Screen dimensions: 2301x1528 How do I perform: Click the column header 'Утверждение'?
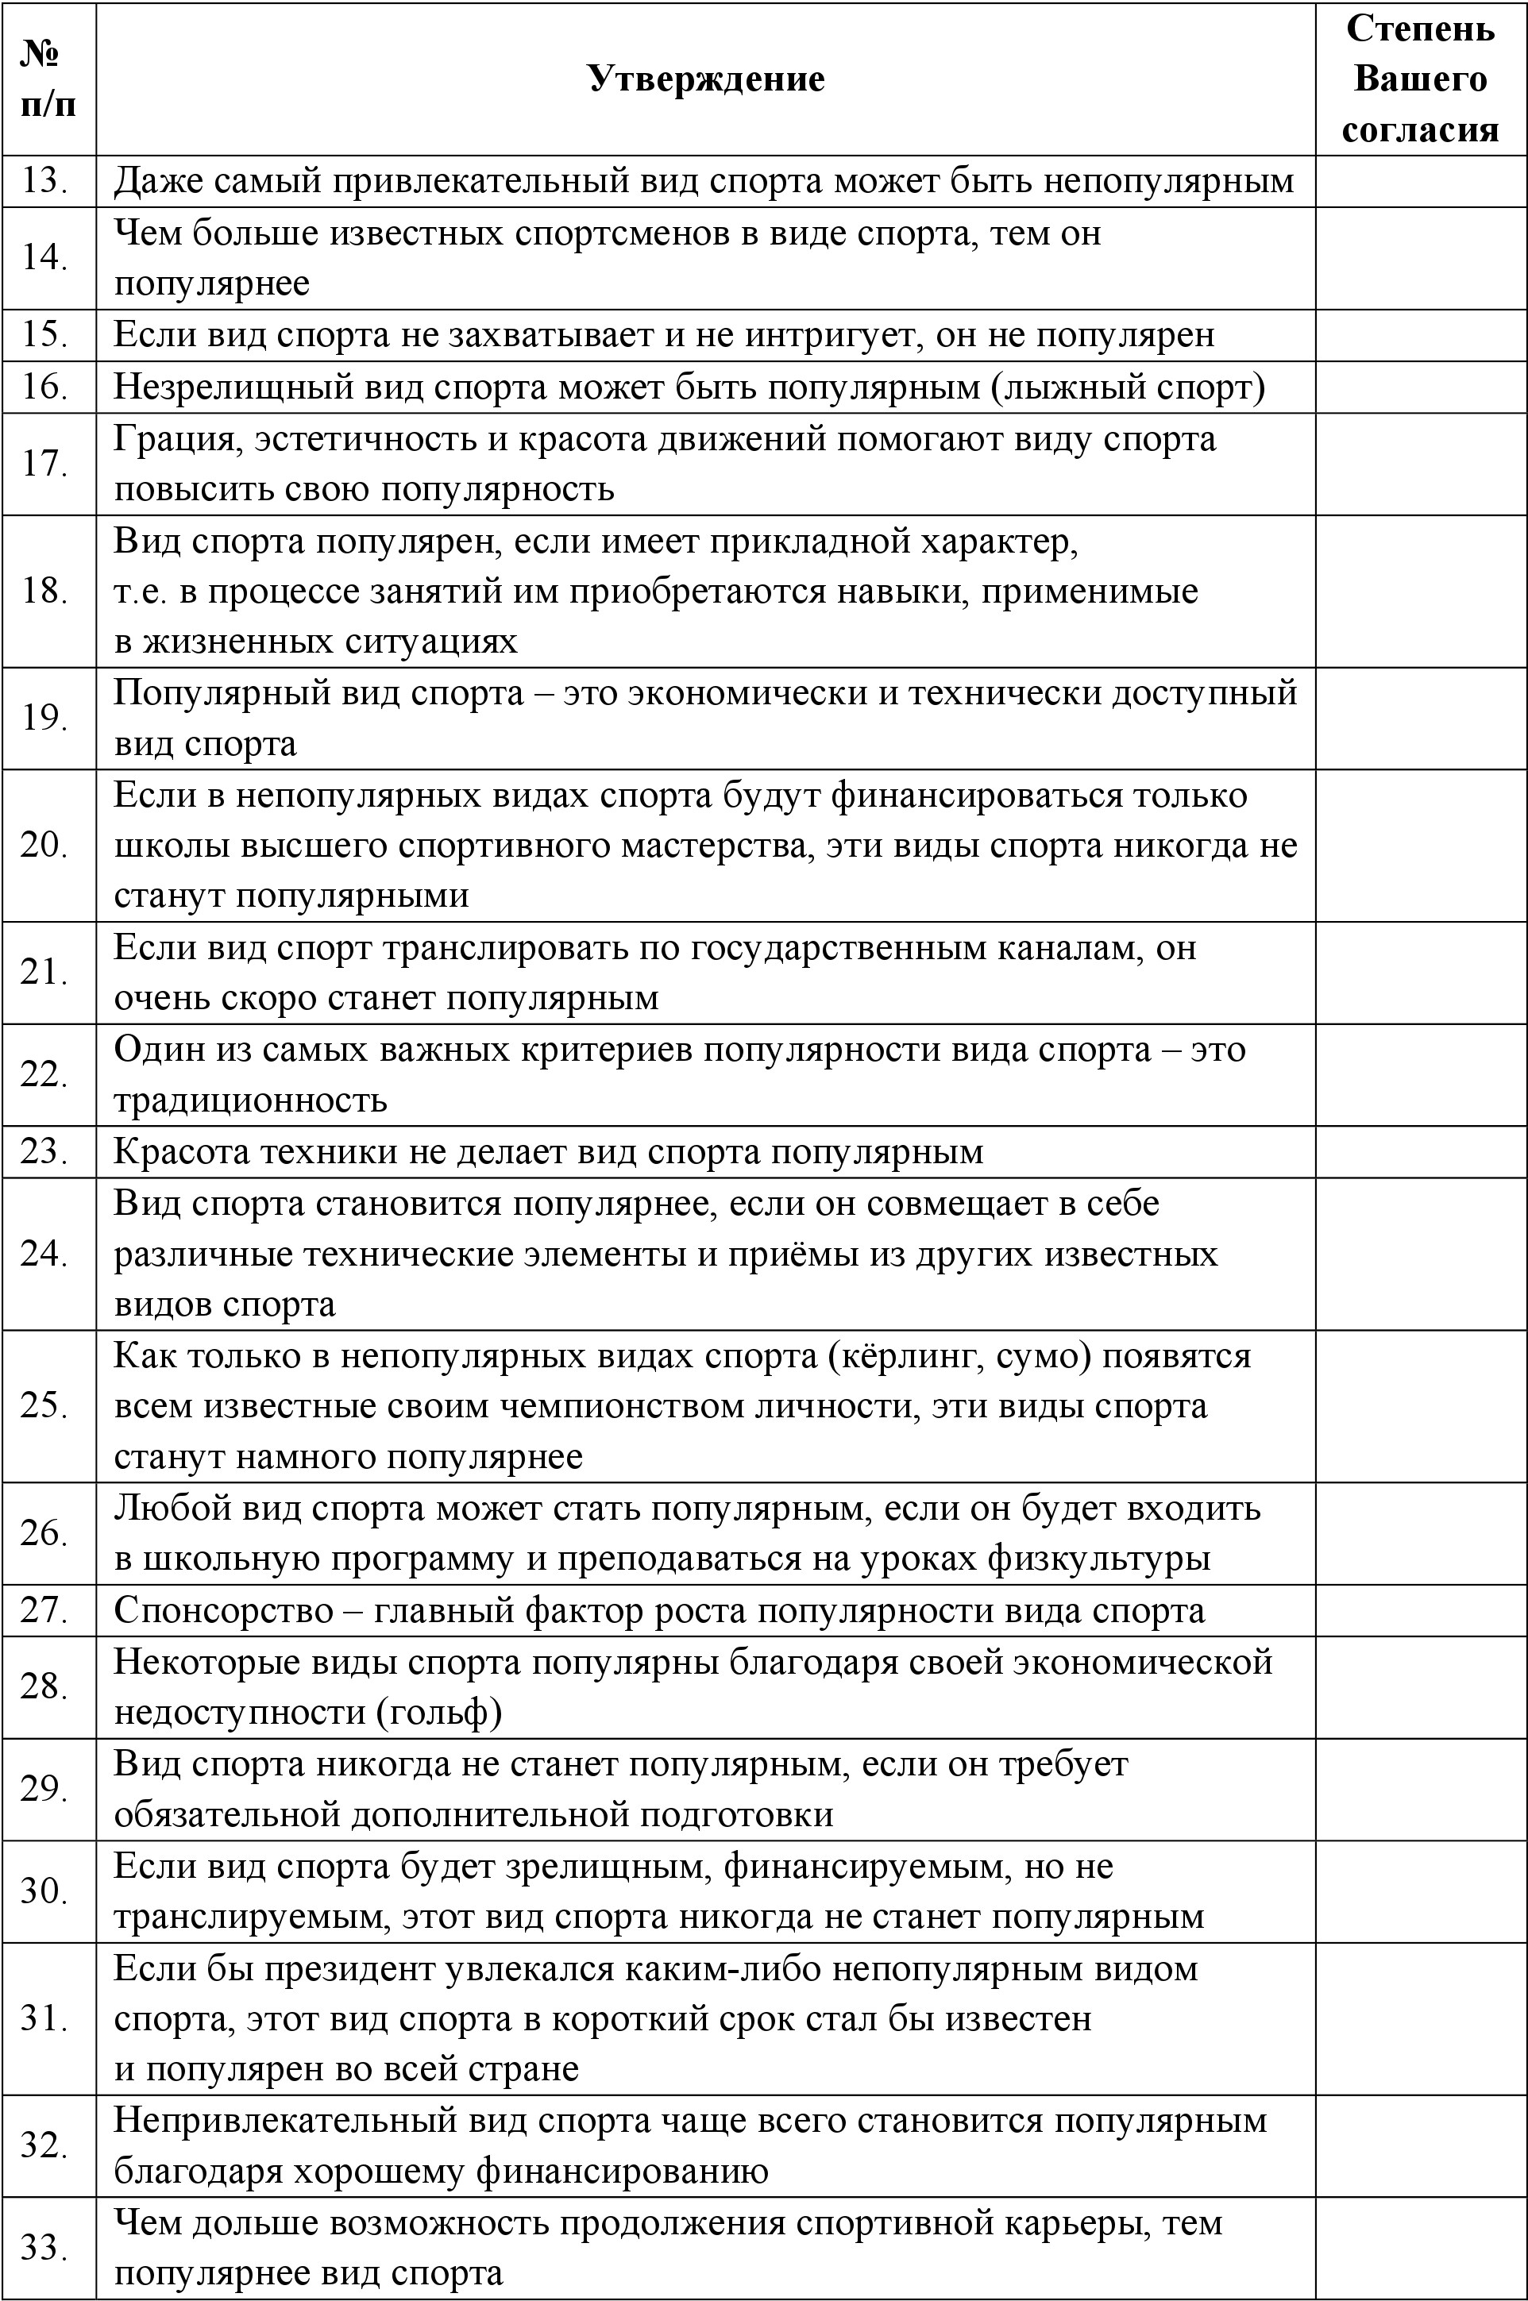(x=707, y=79)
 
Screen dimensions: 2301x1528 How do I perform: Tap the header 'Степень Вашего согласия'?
(x=1420, y=79)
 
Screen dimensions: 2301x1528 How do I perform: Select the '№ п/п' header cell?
(x=48, y=79)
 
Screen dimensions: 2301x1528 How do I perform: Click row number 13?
(x=44, y=181)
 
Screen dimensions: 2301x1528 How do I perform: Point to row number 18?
(x=44, y=592)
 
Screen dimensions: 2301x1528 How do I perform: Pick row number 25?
(x=44, y=1405)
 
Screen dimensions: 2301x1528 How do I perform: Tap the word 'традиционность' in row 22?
(x=250, y=1100)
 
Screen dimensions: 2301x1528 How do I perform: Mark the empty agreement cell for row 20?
(x=1420, y=846)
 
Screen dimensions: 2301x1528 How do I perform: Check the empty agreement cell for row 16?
(x=1420, y=387)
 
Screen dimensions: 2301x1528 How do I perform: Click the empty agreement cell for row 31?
(x=1420, y=2018)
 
